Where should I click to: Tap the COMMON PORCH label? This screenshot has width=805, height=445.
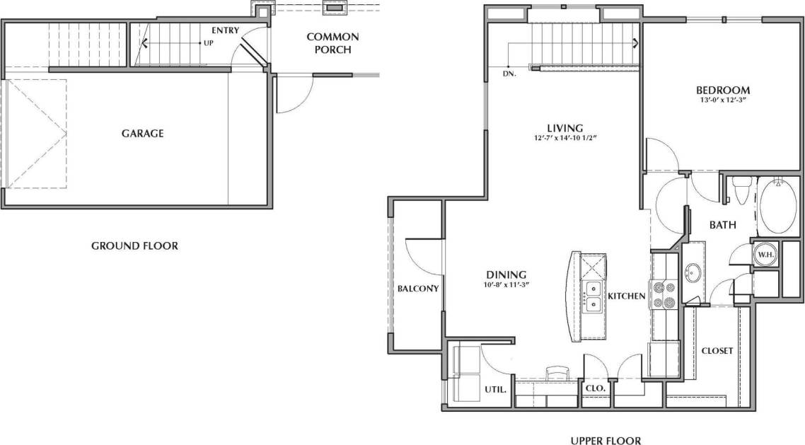point(332,43)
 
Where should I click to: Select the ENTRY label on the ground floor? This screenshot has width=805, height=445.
point(225,30)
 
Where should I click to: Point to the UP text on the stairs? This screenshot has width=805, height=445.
point(209,43)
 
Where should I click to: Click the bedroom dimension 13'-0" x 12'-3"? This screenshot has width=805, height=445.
point(722,101)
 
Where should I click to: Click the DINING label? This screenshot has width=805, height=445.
point(505,274)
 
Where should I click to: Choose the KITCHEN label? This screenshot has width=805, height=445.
point(626,296)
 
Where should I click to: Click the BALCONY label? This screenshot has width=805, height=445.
point(418,289)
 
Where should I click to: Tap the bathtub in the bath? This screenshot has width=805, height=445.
point(778,207)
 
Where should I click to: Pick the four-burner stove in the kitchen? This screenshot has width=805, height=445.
point(666,295)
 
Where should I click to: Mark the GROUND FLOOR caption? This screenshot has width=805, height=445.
point(134,246)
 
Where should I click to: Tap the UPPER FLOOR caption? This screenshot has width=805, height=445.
point(606,441)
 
